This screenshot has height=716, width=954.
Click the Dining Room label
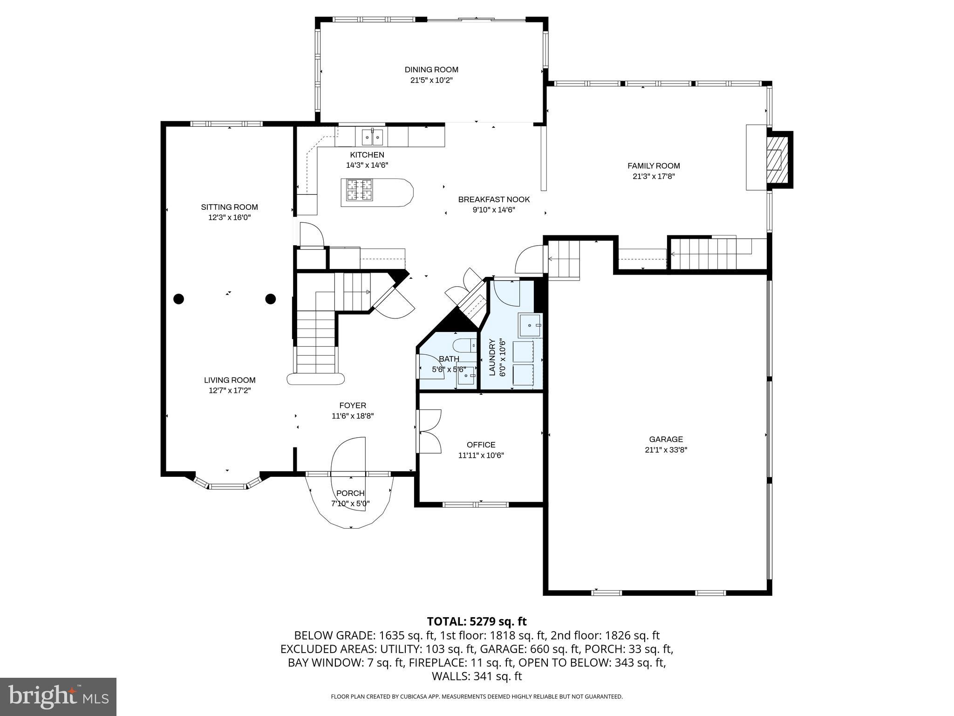pyautogui.click(x=431, y=69)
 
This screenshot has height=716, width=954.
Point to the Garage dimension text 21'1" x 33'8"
pyautogui.click(x=666, y=450)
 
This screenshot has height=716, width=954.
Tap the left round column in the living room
pyautogui.click(x=179, y=299)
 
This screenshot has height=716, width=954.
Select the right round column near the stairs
pyautogui.click(x=271, y=299)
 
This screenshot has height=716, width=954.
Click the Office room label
pyautogui.click(x=481, y=445)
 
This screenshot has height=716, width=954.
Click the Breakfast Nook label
pyautogui.click(x=494, y=200)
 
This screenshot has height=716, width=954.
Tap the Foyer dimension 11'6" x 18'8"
pyautogui.click(x=353, y=416)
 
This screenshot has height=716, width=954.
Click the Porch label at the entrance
pyautogui.click(x=350, y=493)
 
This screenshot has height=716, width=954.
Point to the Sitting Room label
pyautogui.click(x=229, y=207)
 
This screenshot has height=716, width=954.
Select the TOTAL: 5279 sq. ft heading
pyautogui.click(x=477, y=621)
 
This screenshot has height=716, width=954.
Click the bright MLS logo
pyautogui.click(x=58, y=696)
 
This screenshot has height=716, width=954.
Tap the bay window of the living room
pyautogui.click(x=227, y=486)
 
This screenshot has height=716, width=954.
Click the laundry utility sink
pyautogui.click(x=530, y=324)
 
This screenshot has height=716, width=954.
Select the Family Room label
pyautogui.click(x=653, y=165)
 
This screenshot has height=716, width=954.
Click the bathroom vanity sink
pyautogui.click(x=466, y=375)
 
